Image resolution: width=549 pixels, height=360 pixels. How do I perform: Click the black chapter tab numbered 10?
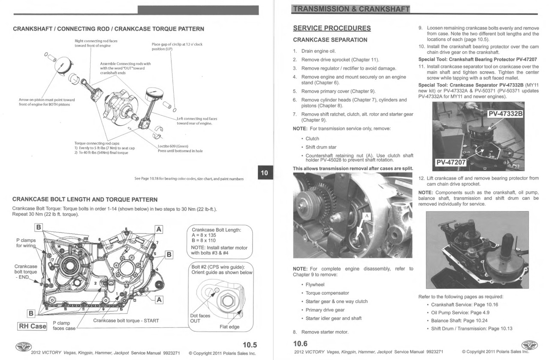click(x=264, y=173)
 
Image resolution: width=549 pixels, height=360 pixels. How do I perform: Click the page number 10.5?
click(x=250, y=344)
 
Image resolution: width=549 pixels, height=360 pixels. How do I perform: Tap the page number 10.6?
click(x=300, y=343)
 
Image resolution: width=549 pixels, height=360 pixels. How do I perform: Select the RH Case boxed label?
click(x=32, y=326)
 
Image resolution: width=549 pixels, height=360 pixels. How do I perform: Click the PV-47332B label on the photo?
click(x=505, y=114)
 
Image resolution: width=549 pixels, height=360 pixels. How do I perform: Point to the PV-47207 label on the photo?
click(x=451, y=162)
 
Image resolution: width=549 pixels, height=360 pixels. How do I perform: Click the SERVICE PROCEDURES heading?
click(x=332, y=28)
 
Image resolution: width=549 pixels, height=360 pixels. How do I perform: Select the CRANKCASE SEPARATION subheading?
click(x=330, y=40)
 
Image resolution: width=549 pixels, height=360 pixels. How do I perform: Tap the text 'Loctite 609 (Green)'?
click(x=173, y=146)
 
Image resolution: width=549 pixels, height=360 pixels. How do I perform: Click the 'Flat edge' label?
click(x=229, y=327)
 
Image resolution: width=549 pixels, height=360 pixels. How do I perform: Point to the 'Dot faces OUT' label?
click(x=200, y=318)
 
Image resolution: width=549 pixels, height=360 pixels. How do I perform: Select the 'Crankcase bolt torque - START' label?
click(x=126, y=321)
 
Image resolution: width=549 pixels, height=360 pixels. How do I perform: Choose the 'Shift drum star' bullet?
click(x=321, y=147)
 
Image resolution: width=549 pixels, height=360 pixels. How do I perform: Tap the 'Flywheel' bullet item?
click(x=315, y=285)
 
